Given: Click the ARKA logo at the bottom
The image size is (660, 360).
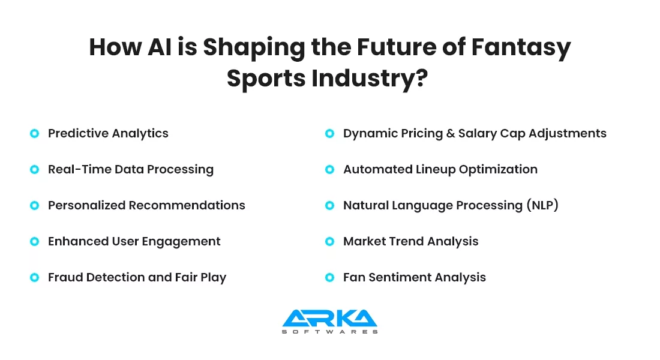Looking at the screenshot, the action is pos(329,321).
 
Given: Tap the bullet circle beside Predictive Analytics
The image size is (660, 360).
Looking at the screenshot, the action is pos(35,133).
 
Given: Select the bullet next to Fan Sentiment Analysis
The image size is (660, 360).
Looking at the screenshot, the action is pos(329,277).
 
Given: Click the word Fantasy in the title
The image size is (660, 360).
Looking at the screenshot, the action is pos(521,47).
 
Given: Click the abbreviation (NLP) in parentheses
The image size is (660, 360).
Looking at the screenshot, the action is pos(542,205).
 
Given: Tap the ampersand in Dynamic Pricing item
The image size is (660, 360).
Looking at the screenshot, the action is pos(451,133).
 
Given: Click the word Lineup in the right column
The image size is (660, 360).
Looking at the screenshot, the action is pos(436,170).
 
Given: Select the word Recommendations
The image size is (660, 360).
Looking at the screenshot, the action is pos(187,205).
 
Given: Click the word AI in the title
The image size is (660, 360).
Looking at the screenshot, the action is pos(160,47).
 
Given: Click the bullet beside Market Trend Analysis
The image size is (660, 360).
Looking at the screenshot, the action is pos(329,241).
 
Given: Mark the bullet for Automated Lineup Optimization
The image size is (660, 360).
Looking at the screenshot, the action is pos(329,169).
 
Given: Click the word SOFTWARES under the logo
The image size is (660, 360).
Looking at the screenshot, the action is pos(329,332).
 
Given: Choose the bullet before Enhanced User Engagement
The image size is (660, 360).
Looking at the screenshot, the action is pos(35,241).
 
